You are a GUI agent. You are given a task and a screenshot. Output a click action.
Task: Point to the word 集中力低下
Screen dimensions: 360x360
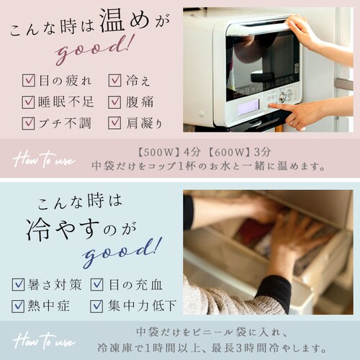pos(143,306)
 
